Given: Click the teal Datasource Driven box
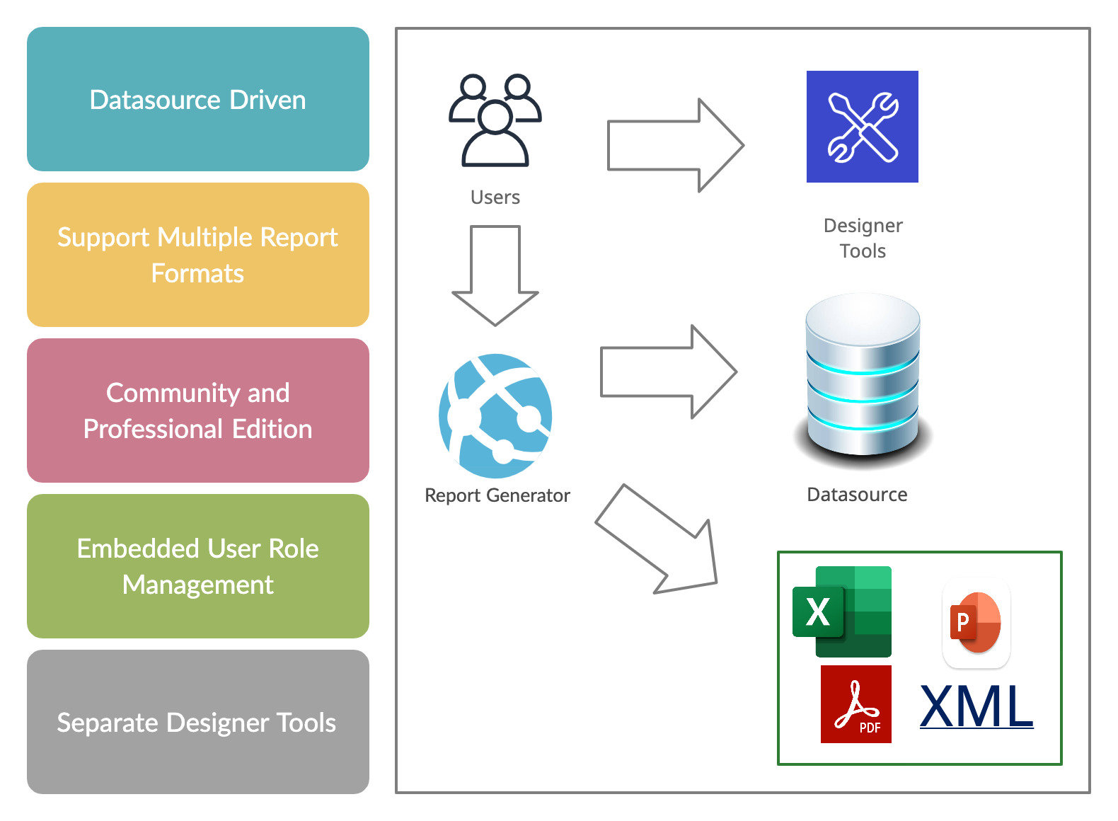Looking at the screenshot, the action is (x=198, y=99).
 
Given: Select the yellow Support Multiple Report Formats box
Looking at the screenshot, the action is (x=198, y=255).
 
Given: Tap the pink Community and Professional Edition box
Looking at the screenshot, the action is (x=198, y=411).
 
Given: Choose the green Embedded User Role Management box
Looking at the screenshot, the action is (x=198, y=566).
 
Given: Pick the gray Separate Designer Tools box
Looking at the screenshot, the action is (x=198, y=722).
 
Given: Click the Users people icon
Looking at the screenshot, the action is (x=495, y=120).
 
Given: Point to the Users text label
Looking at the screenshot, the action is (x=495, y=197).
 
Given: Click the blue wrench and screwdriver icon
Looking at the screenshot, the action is (x=863, y=127).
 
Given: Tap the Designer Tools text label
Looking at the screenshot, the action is (x=863, y=238).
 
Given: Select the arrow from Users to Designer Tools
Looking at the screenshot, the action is (x=676, y=145).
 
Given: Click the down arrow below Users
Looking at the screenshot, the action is (x=495, y=276).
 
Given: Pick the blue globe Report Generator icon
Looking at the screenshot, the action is (x=495, y=415).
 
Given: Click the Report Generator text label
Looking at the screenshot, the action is (x=497, y=495).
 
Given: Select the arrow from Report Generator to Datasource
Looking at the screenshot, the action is (x=669, y=372).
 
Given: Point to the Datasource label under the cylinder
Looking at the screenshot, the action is (x=857, y=495).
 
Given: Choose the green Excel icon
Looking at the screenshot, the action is (x=842, y=612).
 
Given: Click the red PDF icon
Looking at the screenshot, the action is (x=856, y=704).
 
